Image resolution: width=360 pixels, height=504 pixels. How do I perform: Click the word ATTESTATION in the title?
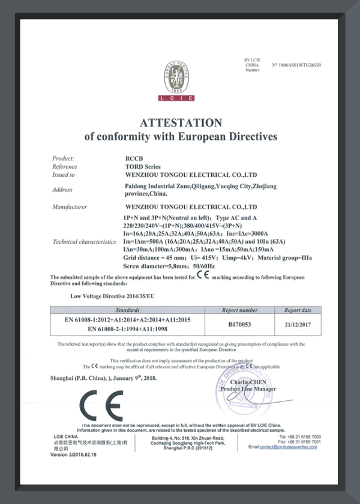[181, 122]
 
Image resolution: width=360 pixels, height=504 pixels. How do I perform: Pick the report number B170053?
[240, 324]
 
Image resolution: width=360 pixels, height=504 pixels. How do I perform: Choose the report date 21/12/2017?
[298, 324]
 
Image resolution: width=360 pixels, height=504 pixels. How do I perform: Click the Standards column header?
[127, 310]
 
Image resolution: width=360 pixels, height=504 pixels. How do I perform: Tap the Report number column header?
[240, 310]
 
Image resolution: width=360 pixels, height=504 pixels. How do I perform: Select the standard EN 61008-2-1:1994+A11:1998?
[127, 329]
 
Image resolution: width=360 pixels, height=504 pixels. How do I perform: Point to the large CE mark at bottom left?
[102, 406]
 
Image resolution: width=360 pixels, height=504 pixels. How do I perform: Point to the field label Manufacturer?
[70, 207]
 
